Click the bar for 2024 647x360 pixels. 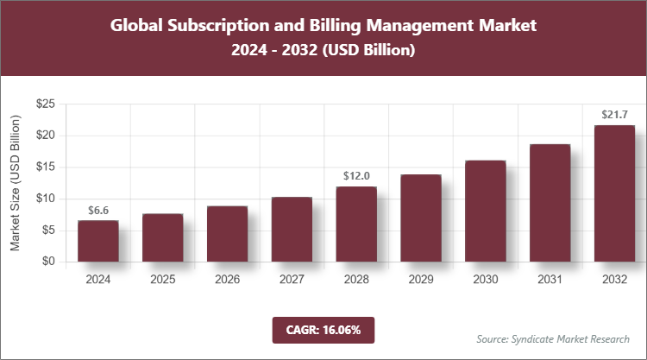pyautogui.click(x=97, y=241)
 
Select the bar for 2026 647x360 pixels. pyautogui.click(x=227, y=234)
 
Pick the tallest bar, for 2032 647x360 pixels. pyautogui.click(x=614, y=193)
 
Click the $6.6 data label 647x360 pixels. pyautogui.click(x=98, y=210)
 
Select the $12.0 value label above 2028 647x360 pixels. pyautogui.click(x=356, y=176)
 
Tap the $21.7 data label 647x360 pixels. pyautogui.click(x=614, y=115)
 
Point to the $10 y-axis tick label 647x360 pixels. pyautogui.click(x=46, y=199)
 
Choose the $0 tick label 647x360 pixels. pyautogui.click(x=49, y=262)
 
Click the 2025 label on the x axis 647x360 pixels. pyautogui.click(x=162, y=280)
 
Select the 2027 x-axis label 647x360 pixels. pyautogui.click(x=292, y=280)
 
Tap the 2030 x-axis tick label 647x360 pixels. pyautogui.click(x=486, y=280)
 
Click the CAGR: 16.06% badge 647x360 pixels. pyautogui.click(x=323, y=330)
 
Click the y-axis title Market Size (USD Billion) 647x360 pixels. pyautogui.click(x=15, y=183)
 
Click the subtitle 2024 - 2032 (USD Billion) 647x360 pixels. pyautogui.click(x=323, y=51)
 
